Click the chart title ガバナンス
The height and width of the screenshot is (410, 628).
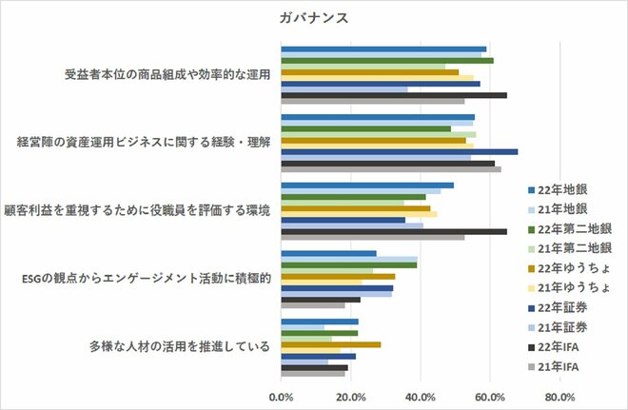click(x=313, y=17)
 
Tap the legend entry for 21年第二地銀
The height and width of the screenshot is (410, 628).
click(x=569, y=247)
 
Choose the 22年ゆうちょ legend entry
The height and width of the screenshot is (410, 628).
click(x=569, y=267)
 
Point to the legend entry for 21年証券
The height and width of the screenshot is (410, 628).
click(x=561, y=326)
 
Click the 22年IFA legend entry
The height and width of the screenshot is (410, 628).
click(x=560, y=346)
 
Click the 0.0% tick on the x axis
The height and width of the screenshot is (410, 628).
click(x=282, y=397)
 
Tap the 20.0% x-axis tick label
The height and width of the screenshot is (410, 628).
click(x=351, y=397)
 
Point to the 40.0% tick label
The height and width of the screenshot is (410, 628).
click(x=421, y=397)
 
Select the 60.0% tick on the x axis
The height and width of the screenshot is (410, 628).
click(x=490, y=397)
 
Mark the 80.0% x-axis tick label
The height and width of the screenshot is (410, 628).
click(x=559, y=397)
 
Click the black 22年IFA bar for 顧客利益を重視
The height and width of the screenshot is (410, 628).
click(x=394, y=230)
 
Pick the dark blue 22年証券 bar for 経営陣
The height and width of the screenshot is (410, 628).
click(x=400, y=151)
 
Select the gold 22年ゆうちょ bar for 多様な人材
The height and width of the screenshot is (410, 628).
click(x=331, y=344)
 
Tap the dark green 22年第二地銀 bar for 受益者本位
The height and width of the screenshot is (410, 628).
click(x=387, y=60)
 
